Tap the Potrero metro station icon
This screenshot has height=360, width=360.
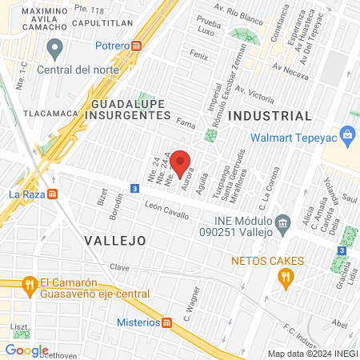tap(138, 46)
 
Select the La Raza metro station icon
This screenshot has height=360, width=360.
tap(53, 194)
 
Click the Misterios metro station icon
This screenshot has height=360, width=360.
tap(166, 322)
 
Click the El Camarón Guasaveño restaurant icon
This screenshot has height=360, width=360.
tap(30, 283)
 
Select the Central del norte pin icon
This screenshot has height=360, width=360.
tap(55, 50)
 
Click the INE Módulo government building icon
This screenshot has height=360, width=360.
tap(282, 220)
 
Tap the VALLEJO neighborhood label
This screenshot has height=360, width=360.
tap(115, 240)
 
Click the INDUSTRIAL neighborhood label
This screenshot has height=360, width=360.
tap(270, 116)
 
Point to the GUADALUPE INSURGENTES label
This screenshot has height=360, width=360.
tap(130, 110)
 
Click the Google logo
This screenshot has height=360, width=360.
tap(26, 350)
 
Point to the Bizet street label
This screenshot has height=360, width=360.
tap(102, 198)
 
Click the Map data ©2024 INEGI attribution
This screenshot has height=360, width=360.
tap(312, 354)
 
